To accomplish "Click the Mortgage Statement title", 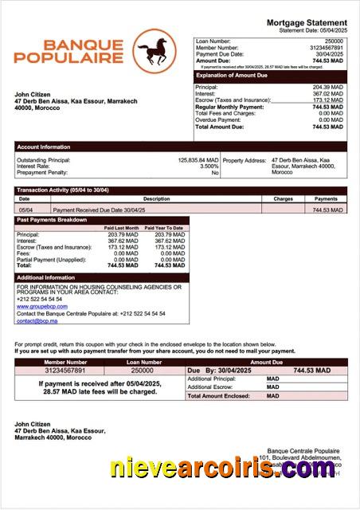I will point(307,22).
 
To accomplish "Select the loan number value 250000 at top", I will point(334,40).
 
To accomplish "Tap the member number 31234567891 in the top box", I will point(326,47).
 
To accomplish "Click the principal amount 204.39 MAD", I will point(327,87).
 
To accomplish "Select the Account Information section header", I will point(44,147).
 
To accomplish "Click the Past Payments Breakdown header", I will point(53,219).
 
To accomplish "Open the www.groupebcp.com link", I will point(45,305).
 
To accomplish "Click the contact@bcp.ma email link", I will point(38,320).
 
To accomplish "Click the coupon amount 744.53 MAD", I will point(312,371).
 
